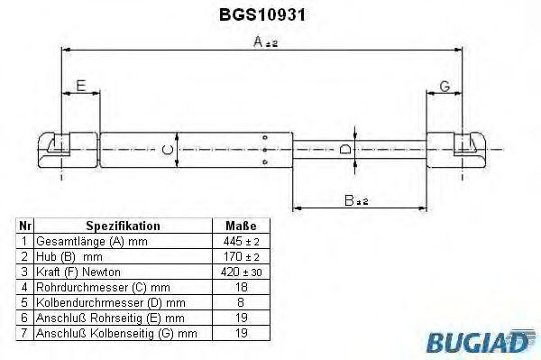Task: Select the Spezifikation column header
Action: [123, 226]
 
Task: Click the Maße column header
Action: [240, 226]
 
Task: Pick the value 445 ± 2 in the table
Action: [240, 242]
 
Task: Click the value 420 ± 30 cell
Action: [240, 271]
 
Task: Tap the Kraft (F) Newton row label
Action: [77, 271]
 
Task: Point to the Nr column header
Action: [25, 226]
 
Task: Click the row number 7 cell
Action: [25, 334]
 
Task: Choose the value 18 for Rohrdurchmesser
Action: [240, 286]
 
